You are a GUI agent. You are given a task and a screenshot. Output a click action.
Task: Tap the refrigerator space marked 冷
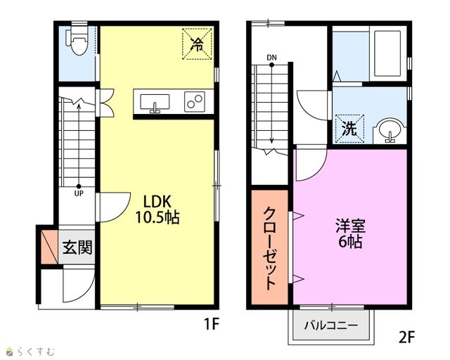(x=197, y=44)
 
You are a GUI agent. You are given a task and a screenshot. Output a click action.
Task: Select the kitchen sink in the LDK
(x=155, y=103)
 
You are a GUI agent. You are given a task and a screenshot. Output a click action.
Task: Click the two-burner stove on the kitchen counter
(x=194, y=102)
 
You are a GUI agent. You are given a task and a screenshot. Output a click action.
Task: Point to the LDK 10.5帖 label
(x=157, y=210)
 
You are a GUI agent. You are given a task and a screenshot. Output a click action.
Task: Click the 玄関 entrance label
(x=77, y=247)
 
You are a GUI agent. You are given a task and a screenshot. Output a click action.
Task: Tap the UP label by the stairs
(x=79, y=193)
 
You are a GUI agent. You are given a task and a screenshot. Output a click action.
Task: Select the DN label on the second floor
(x=271, y=58)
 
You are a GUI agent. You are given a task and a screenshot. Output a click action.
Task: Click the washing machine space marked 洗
(x=349, y=129)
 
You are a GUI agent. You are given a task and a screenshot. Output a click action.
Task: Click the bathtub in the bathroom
(x=387, y=53)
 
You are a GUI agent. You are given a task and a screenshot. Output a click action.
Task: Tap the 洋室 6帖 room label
(x=350, y=233)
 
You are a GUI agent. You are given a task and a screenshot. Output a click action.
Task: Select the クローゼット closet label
(x=269, y=248)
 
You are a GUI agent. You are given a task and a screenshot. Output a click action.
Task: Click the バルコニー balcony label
(x=331, y=326)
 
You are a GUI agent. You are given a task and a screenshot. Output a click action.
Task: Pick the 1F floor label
(x=212, y=325)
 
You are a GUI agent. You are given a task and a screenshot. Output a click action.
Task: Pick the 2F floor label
(x=407, y=337)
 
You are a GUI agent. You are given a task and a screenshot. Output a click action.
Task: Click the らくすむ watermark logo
(x=30, y=352)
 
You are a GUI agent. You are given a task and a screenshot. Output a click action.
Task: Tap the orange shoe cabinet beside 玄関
(x=49, y=247)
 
